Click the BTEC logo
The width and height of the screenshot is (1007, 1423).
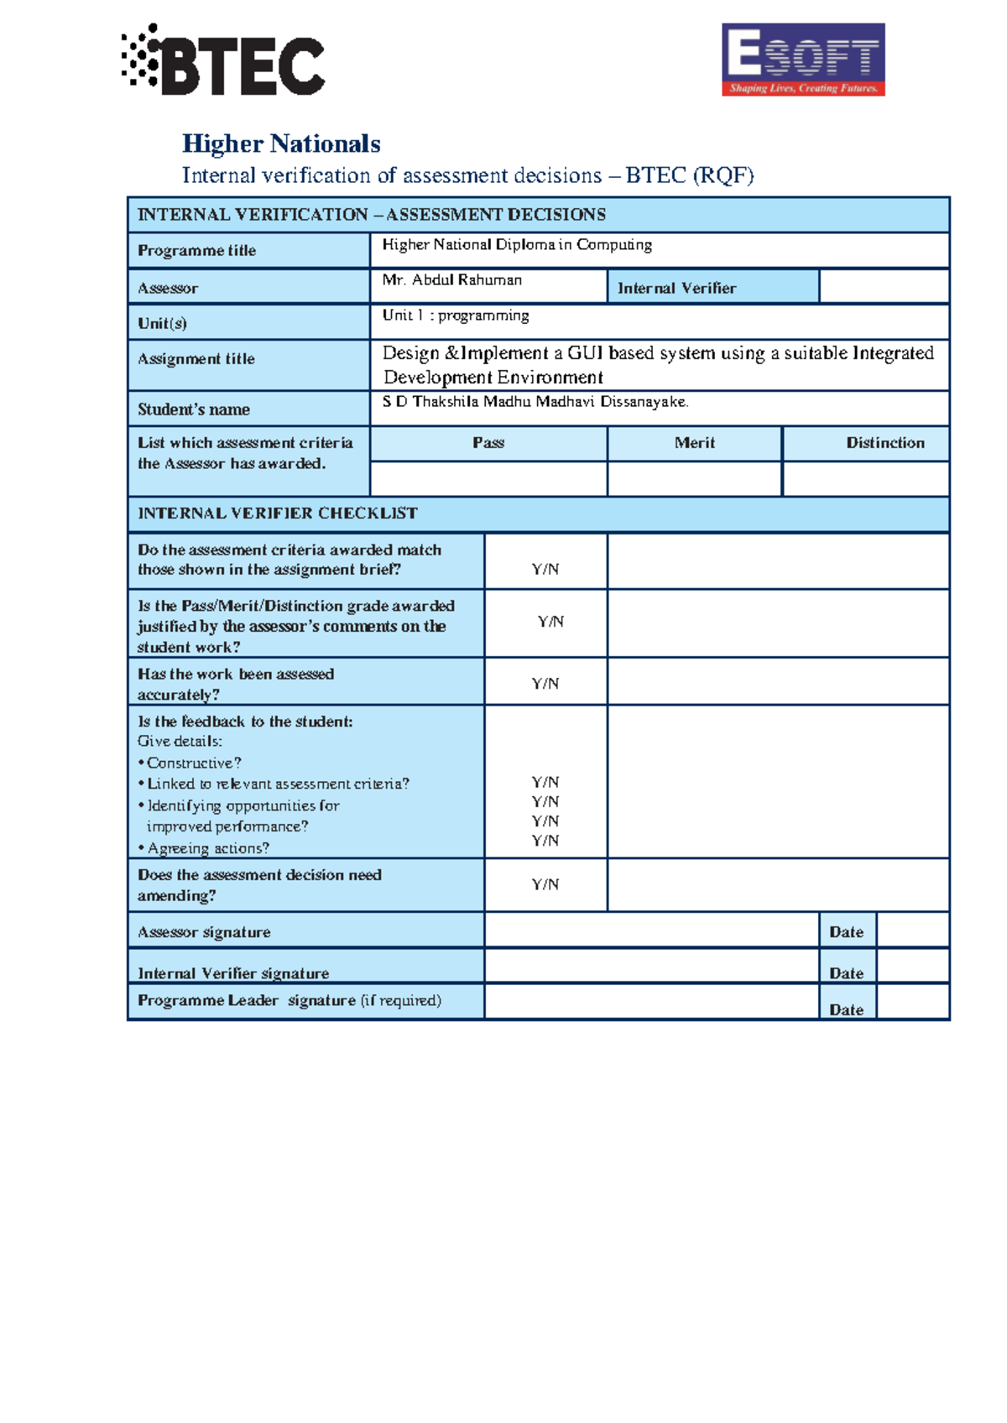pos(223,60)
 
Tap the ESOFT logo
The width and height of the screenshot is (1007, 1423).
pos(803,60)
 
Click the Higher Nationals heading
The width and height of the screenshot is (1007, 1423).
pos(281,143)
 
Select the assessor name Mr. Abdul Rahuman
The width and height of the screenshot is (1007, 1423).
pos(451,280)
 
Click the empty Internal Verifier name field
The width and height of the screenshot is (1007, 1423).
pos(884,287)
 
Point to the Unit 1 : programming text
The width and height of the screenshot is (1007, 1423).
pos(456,315)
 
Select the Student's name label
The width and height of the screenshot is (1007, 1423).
pos(194,409)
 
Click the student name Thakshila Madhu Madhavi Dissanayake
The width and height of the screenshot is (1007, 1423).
pos(535,402)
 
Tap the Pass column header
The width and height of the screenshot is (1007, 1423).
pos(488,443)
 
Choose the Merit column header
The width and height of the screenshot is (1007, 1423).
pos(695,443)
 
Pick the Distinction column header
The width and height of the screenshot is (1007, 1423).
pos(884,443)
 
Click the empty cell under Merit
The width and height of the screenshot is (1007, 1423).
pos(695,479)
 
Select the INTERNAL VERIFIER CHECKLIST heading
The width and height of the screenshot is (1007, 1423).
pos(277,513)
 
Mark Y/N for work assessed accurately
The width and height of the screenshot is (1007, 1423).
pos(545,684)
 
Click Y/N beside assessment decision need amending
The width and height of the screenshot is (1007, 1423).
pos(545,884)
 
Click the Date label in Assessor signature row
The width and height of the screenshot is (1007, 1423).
pos(846,932)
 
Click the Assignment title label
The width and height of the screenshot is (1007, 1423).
pos(196,359)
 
